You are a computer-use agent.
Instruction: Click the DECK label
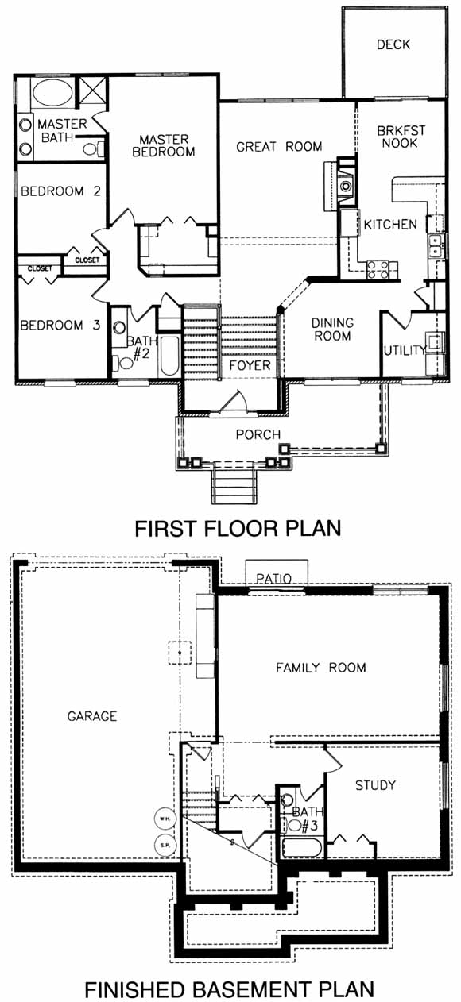393,44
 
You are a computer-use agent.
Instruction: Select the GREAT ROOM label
279,147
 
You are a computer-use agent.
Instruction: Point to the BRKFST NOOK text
401,137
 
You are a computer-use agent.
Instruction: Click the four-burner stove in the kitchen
378,270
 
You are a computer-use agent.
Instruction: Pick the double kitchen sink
436,246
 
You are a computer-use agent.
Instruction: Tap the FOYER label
250,365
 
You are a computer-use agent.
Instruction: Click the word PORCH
258,434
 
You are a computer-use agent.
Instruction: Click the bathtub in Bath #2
169,356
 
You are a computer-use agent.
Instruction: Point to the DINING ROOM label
332,329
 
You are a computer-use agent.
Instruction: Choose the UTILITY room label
404,351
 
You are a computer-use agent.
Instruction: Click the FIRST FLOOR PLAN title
238,528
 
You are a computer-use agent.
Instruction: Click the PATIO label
273,578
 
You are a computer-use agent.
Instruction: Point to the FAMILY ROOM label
321,668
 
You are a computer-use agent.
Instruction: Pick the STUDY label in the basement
375,785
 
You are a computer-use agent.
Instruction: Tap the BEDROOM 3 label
60,326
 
